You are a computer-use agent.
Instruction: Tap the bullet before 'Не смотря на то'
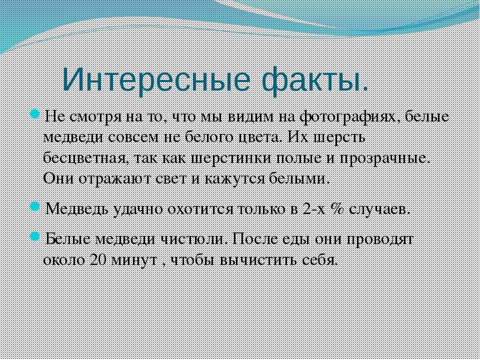34,115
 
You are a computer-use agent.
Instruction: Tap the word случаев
379,210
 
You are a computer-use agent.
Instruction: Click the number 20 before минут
98,259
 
